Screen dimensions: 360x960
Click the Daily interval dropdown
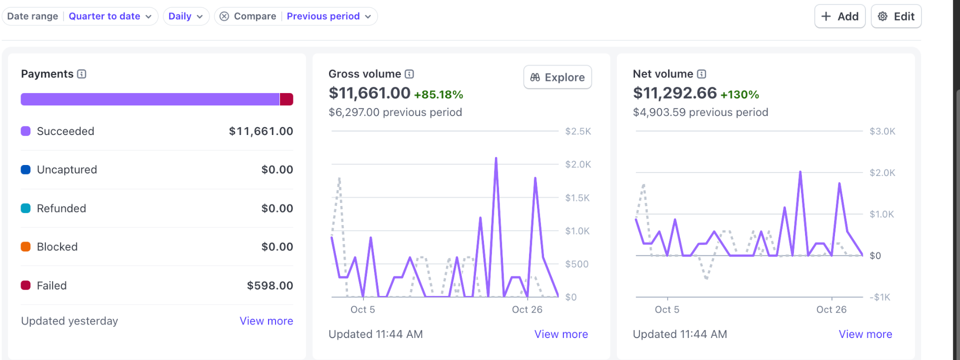[x=185, y=16]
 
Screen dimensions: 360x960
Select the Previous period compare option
[x=328, y=16]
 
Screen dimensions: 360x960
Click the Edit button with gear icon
[x=896, y=16]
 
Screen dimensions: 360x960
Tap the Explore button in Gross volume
[x=557, y=77]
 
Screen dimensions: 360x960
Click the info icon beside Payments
[x=82, y=74]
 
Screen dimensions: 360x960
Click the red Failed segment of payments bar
[x=286, y=99]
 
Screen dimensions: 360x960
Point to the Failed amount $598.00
[x=270, y=285]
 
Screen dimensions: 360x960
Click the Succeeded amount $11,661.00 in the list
[x=261, y=131]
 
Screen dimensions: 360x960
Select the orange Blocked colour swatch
[x=25, y=246]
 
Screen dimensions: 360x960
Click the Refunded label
[x=61, y=208]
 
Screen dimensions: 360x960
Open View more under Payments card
[x=266, y=321]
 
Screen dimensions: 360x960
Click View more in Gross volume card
[x=561, y=334]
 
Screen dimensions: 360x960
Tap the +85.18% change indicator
[x=438, y=94]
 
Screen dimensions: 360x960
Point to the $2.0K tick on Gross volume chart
[x=577, y=164]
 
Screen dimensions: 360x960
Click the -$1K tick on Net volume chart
[x=880, y=297]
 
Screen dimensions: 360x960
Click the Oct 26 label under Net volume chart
[x=831, y=309]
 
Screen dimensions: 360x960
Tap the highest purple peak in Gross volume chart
[x=496, y=159]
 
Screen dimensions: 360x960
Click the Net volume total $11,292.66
[x=674, y=93]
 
